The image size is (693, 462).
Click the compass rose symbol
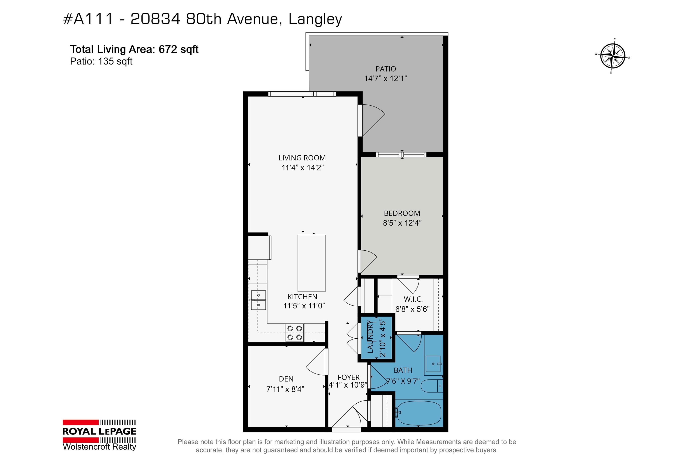(613, 56)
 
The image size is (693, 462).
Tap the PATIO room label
(386, 69)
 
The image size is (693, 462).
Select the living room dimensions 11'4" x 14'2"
(303, 168)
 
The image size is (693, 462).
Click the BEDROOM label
(402, 213)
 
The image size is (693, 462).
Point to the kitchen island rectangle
(312, 263)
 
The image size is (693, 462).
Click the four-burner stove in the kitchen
(294, 333)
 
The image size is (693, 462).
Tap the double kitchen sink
(258, 300)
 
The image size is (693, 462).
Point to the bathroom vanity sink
(433, 364)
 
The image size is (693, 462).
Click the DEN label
(286, 379)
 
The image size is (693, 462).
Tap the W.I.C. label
(413, 299)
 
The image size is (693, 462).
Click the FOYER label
(349, 377)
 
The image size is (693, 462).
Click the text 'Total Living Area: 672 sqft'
(134, 49)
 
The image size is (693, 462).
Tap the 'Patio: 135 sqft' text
(101, 61)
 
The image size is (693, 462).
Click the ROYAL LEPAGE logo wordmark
(99, 431)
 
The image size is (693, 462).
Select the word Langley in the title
(315, 19)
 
